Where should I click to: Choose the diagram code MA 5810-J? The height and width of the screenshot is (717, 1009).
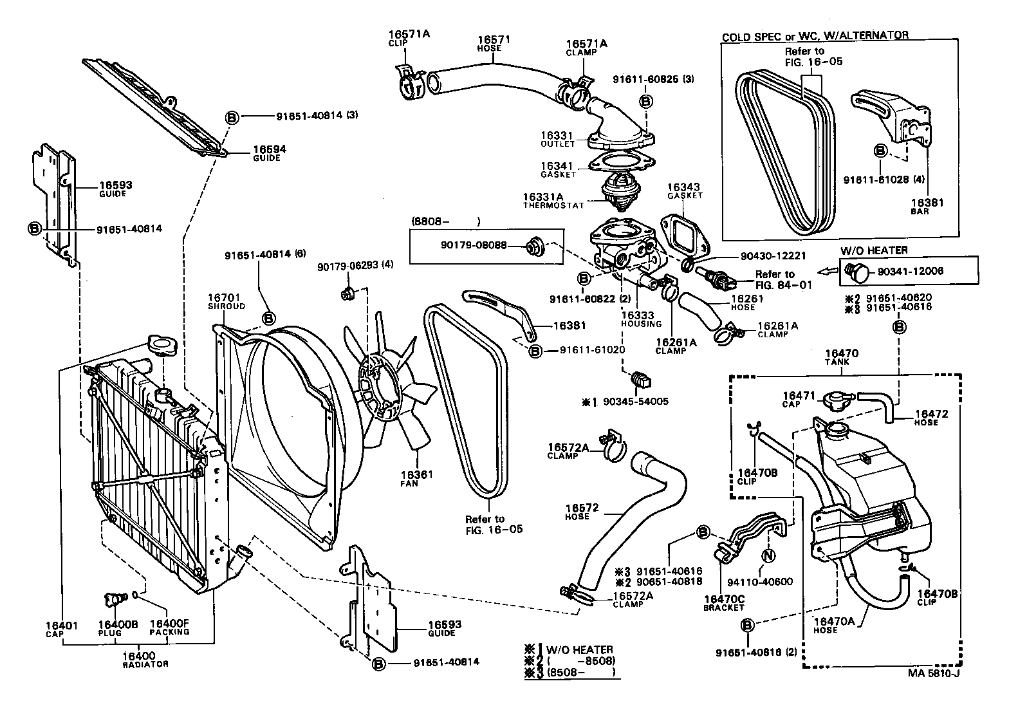click(934, 674)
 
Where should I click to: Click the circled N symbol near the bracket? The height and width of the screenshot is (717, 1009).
click(767, 555)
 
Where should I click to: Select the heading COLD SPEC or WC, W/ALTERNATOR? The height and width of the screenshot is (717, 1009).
click(815, 36)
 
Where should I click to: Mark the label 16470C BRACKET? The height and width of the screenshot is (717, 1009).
click(723, 602)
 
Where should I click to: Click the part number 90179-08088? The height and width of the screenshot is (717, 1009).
click(474, 245)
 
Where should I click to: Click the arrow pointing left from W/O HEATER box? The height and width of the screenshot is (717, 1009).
click(828, 271)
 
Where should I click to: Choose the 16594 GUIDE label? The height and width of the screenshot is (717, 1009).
click(269, 153)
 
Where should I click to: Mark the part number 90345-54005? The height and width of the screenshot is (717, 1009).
click(634, 401)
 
